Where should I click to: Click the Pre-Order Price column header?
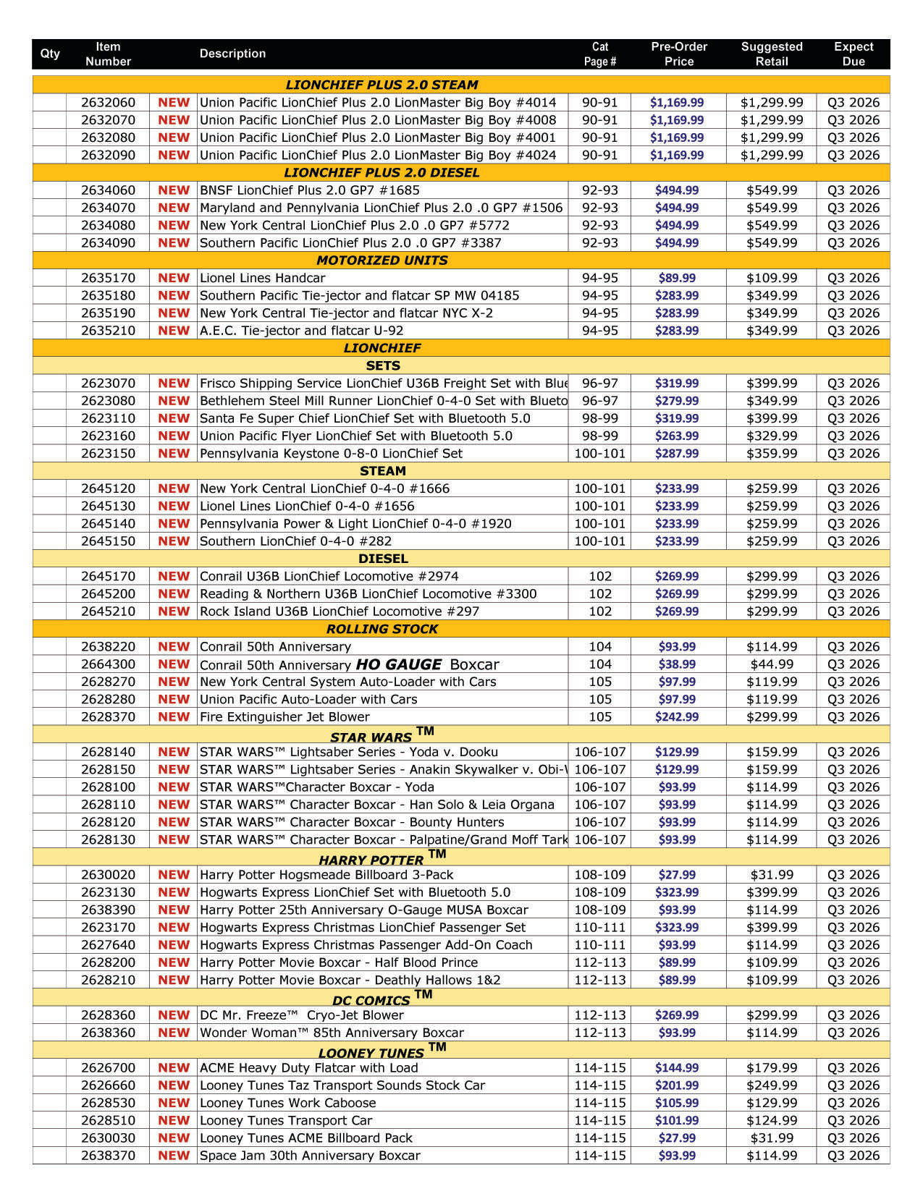point(678,54)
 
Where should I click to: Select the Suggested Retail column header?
point(771,54)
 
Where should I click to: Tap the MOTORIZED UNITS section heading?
point(382,261)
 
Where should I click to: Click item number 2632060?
point(108,103)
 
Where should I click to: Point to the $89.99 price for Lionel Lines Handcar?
point(677,278)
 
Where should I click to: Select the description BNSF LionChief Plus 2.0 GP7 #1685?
point(309,190)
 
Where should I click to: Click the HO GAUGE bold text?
point(399,664)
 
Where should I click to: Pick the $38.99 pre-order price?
point(677,664)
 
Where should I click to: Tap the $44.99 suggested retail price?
point(771,664)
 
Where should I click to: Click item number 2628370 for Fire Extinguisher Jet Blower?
point(108,717)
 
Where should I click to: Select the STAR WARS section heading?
point(371,737)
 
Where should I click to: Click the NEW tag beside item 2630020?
point(174,875)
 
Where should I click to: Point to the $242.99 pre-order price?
point(677,717)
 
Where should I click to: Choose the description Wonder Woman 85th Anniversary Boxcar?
point(332,1033)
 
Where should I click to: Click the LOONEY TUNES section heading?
point(371,1053)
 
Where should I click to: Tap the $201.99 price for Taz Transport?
point(677,1085)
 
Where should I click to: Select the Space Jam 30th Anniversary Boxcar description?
point(310,1156)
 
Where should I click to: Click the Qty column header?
point(50,54)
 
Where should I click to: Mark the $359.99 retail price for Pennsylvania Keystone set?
point(771,454)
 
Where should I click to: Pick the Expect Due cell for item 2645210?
point(854,611)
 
